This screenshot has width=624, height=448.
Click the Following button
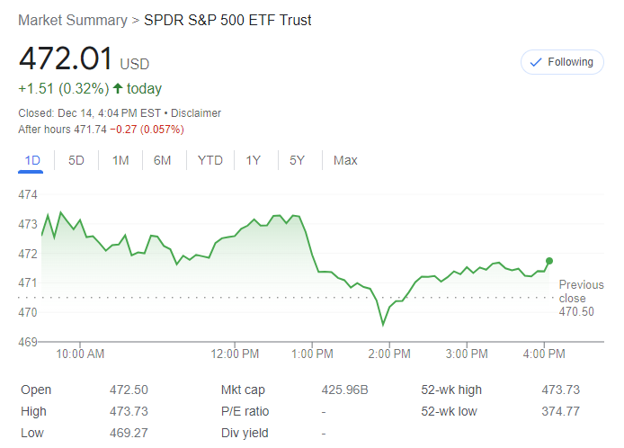click(x=562, y=62)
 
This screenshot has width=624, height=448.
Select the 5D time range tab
click(x=76, y=160)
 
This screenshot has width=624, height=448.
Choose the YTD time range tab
click(x=209, y=160)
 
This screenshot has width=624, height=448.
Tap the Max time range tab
click(x=345, y=160)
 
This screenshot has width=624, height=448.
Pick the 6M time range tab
click(x=162, y=160)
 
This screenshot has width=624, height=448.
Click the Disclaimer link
click(x=196, y=113)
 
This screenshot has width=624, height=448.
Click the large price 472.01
click(x=66, y=59)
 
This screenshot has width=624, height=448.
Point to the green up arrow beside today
click(x=117, y=88)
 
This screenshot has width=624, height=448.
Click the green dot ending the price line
click(x=549, y=261)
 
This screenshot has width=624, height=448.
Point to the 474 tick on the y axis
click(x=27, y=194)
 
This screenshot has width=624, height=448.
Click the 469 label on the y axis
click(x=27, y=342)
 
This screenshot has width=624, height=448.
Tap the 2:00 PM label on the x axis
click(x=388, y=354)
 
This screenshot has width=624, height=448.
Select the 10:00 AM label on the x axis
click(x=80, y=354)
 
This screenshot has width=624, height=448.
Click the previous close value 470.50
click(x=576, y=312)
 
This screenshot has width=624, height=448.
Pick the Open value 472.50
click(x=128, y=390)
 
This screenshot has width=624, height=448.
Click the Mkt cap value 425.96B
click(x=345, y=390)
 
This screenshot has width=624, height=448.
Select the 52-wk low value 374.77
click(x=561, y=411)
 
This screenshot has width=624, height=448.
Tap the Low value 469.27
click(x=128, y=433)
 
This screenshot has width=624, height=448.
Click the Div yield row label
click(x=244, y=433)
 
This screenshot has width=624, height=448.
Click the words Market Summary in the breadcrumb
click(x=72, y=20)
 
